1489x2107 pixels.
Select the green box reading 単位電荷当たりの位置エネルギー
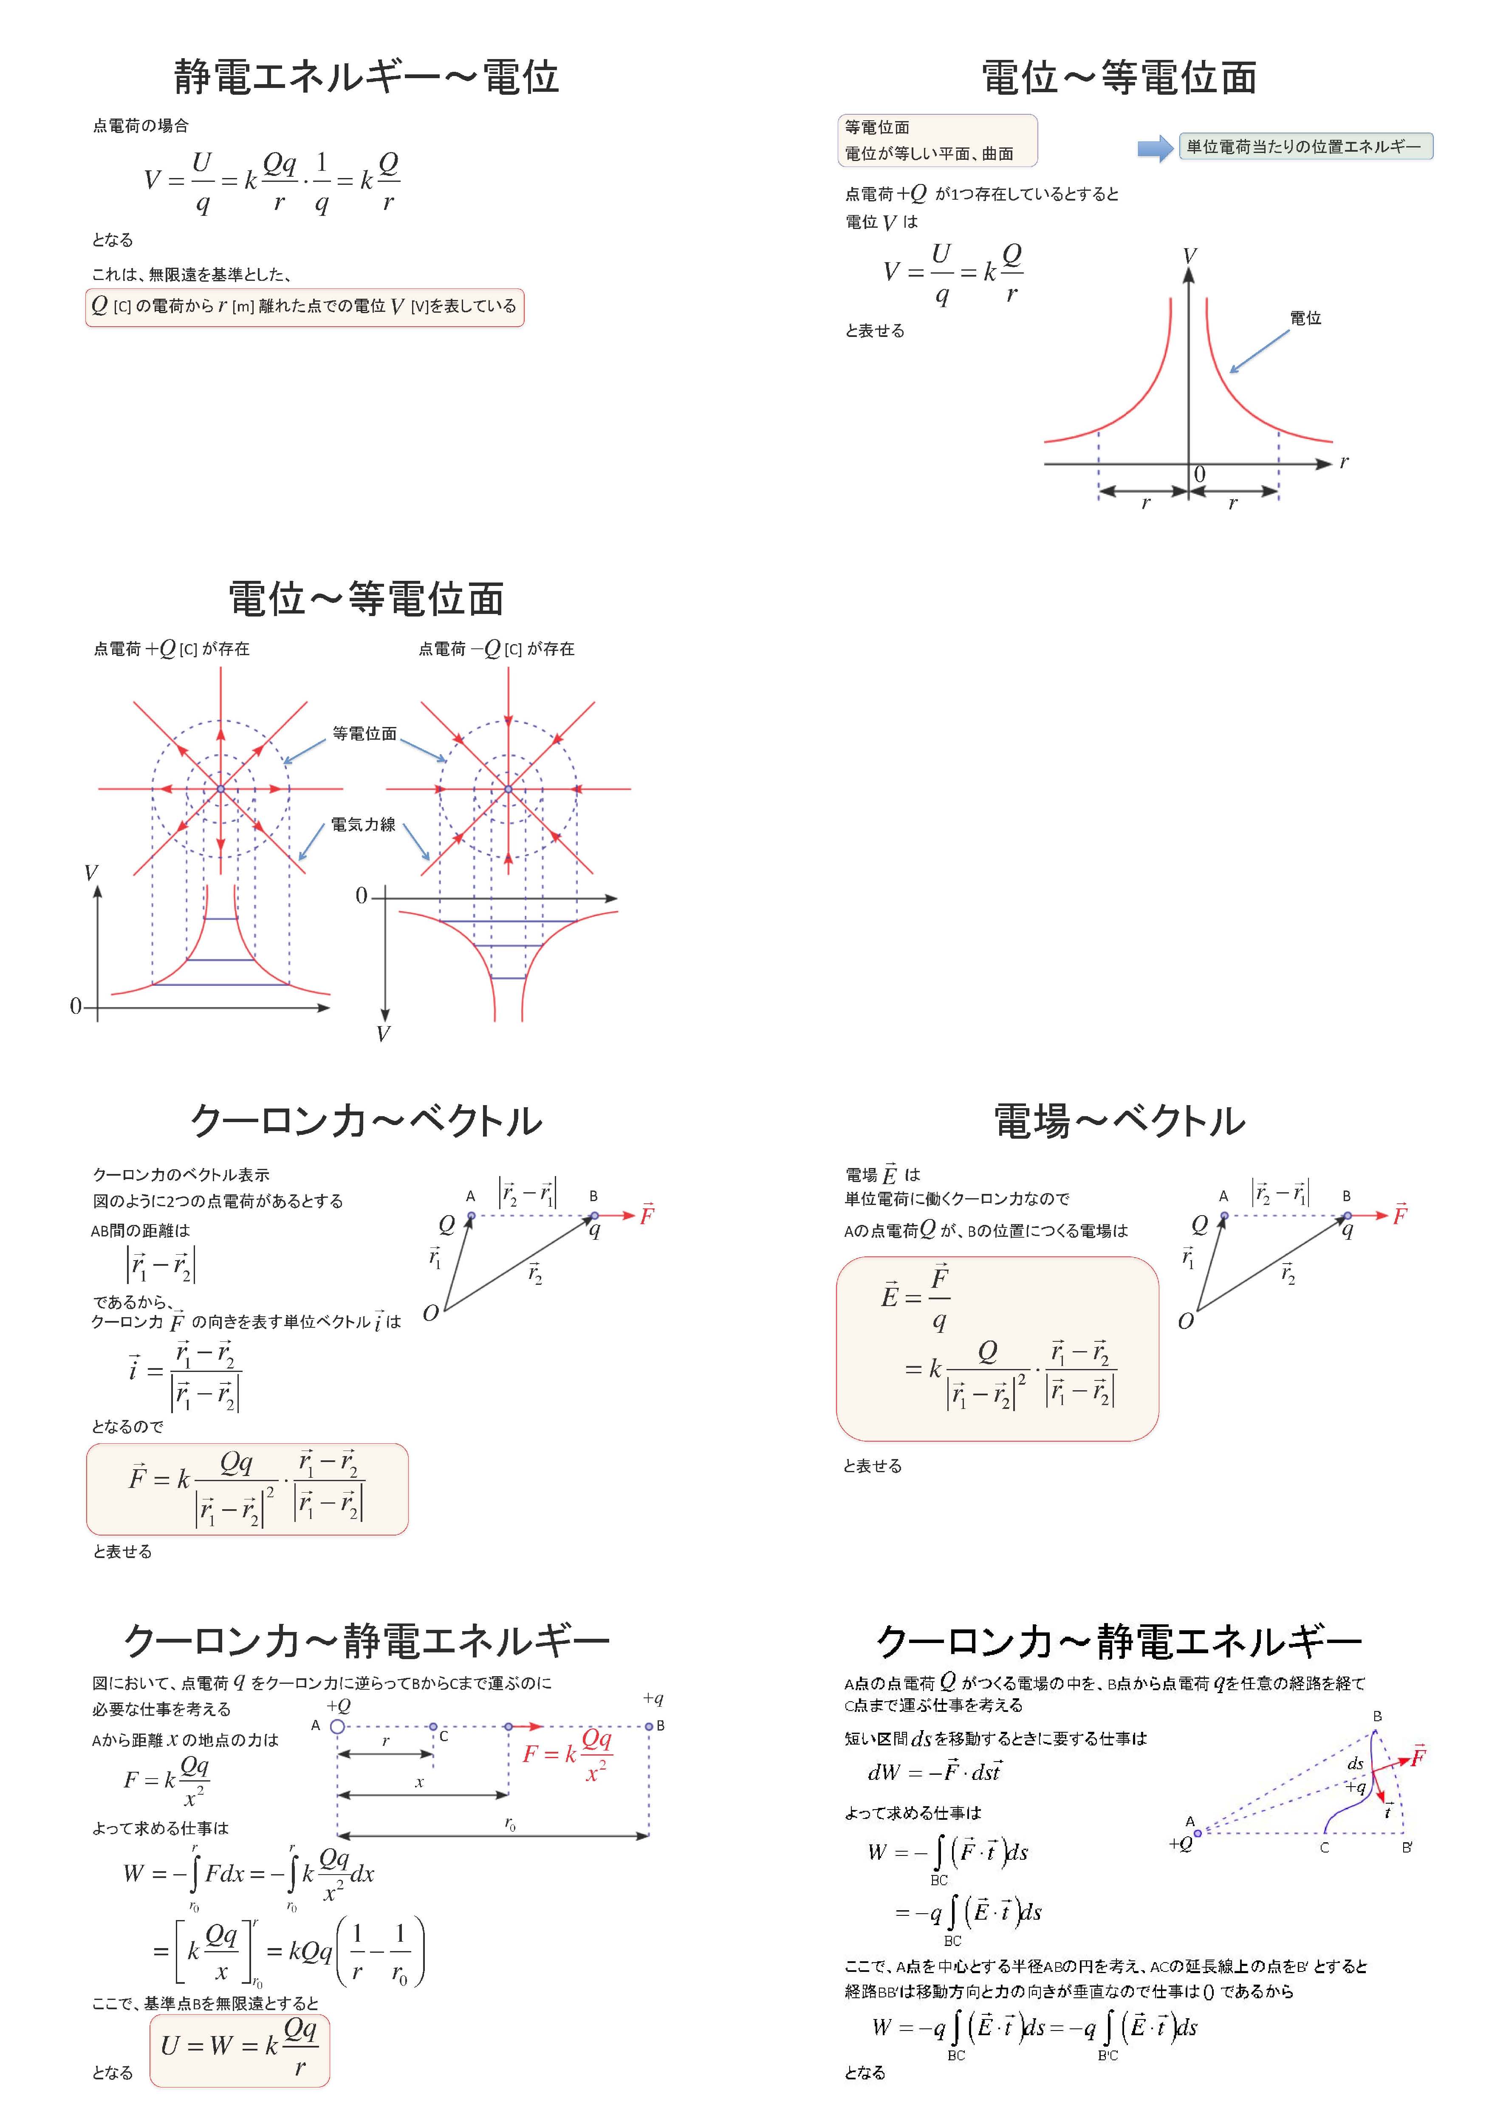(1305, 147)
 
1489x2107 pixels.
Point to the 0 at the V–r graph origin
(1199, 475)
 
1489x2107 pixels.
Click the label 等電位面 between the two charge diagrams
(364, 733)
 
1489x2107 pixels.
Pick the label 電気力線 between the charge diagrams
(363, 824)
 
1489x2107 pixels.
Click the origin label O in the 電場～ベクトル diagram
(1185, 1321)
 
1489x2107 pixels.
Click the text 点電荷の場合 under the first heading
(140, 126)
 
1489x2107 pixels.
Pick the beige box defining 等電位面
(937, 140)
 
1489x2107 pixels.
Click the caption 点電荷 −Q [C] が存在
(496, 649)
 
